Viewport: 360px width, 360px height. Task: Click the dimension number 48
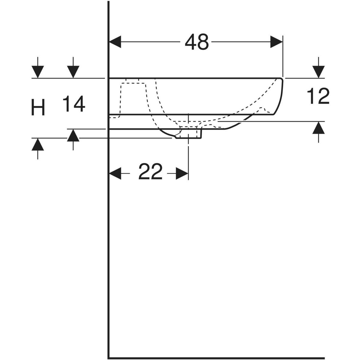[x=197, y=42]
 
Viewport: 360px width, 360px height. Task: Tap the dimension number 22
[x=150, y=172]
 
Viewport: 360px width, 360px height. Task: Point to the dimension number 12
[x=318, y=96]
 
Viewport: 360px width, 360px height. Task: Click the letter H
[x=38, y=107]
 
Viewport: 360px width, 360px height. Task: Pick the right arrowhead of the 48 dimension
[x=277, y=42]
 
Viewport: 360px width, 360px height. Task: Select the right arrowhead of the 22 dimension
[x=182, y=173]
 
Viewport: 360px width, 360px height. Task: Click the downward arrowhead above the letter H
[x=38, y=72]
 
